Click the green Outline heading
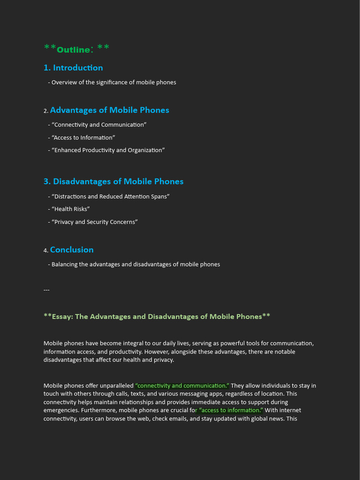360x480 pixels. [x=76, y=49]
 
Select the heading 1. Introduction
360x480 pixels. [x=73, y=67]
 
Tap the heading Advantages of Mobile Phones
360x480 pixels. [x=109, y=110]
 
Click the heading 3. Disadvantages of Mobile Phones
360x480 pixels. [x=113, y=181]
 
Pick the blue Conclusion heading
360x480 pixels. [x=72, y=250]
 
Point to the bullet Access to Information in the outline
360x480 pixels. [x=83, y=137]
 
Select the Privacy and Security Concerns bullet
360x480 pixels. [x=94, y=222]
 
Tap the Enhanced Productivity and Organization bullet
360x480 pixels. [x=108, y=150]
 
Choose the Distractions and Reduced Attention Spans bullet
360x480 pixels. [x=110, y=196]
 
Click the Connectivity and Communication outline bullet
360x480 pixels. [x=99, y=125]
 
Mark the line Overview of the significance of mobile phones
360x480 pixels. [x=113, y=82]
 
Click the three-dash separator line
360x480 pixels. [x=46, y=290]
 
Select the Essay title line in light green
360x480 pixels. [x=157, y=316]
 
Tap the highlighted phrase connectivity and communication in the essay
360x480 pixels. [x=182, y=386]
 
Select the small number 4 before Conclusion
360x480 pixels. [x=45, y=251]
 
